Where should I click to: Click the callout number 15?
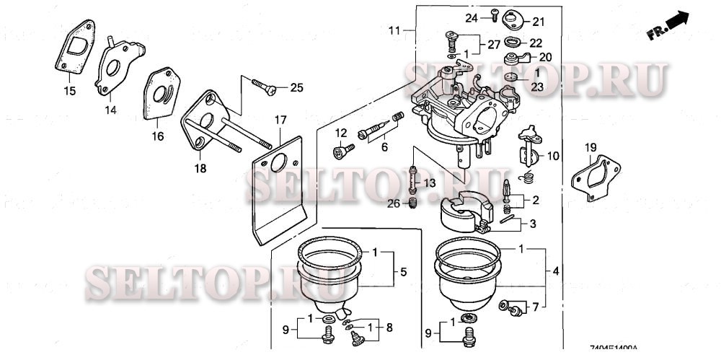coord(69,91)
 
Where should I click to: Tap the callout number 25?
coord(296,88)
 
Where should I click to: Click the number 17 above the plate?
coord(280,119)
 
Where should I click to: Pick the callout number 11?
coord(393,30)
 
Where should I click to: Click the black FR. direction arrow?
coord(676,24)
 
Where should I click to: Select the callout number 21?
coord(539,20)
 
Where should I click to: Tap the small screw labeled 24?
coord(494,12)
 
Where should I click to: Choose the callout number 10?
coord(552,156)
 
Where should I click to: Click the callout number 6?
coord(384,146)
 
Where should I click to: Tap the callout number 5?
coord(403,272)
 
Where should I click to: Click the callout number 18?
coord(200,169)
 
